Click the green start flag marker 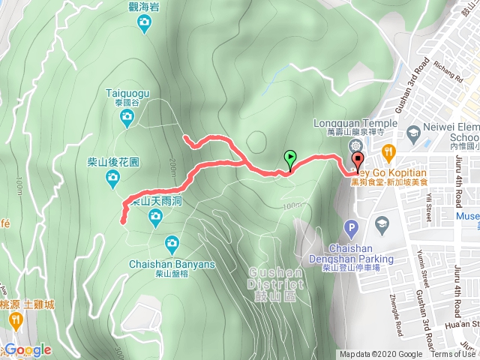click(290, 157)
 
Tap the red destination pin click(358, 160)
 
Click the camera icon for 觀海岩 click(144, 25)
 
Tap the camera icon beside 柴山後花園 click(112, 177)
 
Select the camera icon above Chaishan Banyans click(172, 241)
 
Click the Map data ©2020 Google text click(381, 355)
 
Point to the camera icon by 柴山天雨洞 click(155, 217)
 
